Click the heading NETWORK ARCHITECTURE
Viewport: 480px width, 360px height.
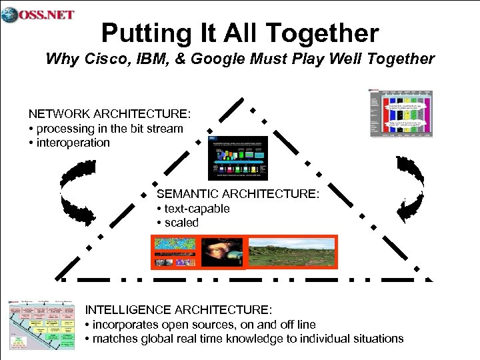coord(109,114)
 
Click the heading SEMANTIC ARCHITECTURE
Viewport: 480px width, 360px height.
coord(238,194)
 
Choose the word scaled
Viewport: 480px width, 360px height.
coord(181,223)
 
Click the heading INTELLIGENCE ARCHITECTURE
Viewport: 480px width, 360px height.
coord(179,310)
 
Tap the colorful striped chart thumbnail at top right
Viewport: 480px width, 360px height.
coord(401,113)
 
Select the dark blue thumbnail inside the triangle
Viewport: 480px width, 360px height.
coord(238,157)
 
